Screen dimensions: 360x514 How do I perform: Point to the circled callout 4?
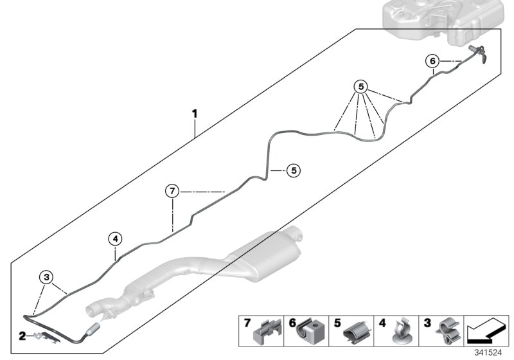(114, 239)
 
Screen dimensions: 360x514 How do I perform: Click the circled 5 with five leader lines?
(362, 85)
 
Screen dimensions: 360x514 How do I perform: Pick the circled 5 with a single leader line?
(292, 170)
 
